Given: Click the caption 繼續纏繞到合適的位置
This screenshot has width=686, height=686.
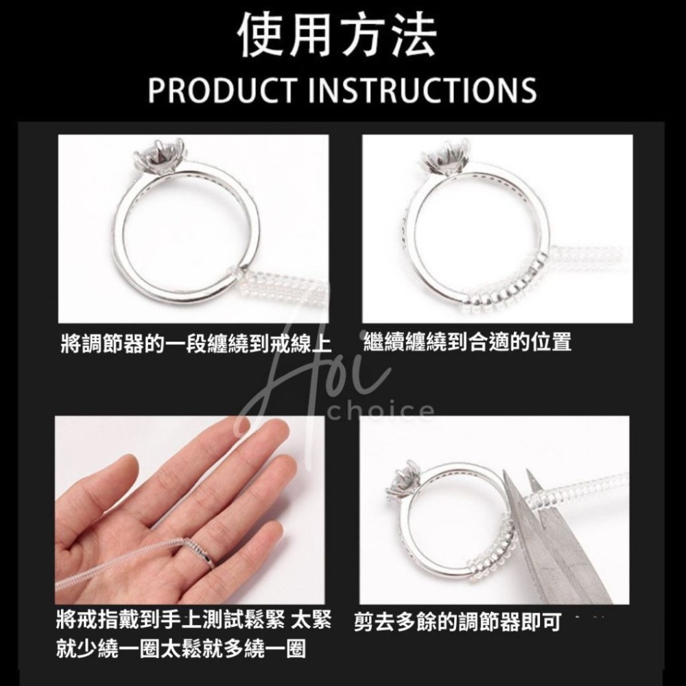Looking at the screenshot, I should pos(467,342).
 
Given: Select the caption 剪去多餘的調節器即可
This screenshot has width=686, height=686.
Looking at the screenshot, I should pos(458,623).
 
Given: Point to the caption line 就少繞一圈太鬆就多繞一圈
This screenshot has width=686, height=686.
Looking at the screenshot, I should pos(181,648).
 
